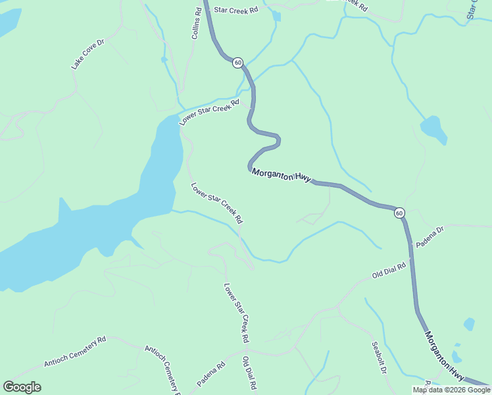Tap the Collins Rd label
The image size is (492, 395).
(x=196, y=24)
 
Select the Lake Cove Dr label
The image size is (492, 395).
(x=88, y=55)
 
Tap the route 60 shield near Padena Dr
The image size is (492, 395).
(x=399, y=213)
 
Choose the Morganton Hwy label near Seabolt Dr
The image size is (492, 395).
(x=444, y=357)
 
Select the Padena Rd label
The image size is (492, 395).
(x=211, y=373)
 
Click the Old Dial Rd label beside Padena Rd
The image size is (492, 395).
(x=248, y=373)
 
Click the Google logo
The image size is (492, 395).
(x=22, y=387)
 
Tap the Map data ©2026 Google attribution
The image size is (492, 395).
(x=451, y=390)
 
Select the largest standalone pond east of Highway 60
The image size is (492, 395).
(x=433, y=128)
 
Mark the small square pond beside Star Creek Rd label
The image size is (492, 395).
(x=276, y=16)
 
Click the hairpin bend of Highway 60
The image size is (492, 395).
(x=277, y=140)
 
